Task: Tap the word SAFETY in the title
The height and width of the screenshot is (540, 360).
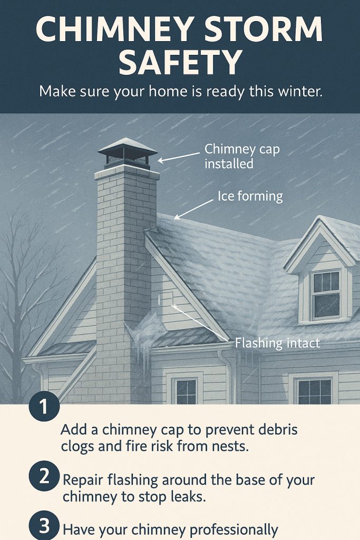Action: pyautogui.click(x=180, y=62)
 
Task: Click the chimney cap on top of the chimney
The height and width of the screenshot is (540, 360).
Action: pyautogui.click(x=128, y=153)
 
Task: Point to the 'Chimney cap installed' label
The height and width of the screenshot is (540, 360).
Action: pyautogui.click(x=242, y=156)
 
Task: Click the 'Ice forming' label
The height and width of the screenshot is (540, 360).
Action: pyautogui.click(x=250, y=196)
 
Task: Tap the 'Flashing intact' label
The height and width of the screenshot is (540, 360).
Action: pyautogui.click(x=277, y=343)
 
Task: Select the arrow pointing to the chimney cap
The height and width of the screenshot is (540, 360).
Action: pyautogui.click(x=179, y=157)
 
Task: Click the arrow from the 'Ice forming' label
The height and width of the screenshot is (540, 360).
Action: pyautogui.click(x=193, y=210)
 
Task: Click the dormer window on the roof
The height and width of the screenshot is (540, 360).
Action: pyautogui.click(x=326, y=295)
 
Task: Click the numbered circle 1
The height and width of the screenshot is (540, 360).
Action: pyautogui.click(x=44, y=407)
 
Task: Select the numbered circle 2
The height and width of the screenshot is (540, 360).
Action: pyautogui.click(x=44, y=477)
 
